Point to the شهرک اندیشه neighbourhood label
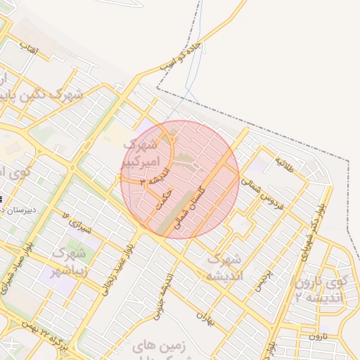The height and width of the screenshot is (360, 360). coord(224,267)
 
